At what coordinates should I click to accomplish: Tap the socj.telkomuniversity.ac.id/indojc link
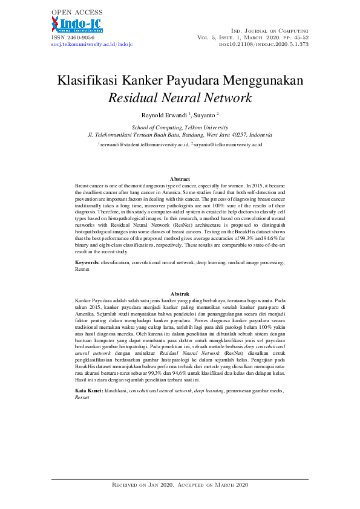pyautogui.click(x=91, y=45)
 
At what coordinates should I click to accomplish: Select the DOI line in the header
pyautogui.click(x=264, y=45)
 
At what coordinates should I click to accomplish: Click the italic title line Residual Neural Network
pyautogui.click(x=180, y=98)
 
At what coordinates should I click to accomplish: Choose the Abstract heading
pyautogui.click(x=180, y=180)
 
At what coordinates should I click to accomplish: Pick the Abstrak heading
pyautogui.click(x=180, y=294)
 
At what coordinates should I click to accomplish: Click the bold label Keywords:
pyautogui.click(x=87, y=263)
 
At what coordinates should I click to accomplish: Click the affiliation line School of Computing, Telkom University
pyautogui.click(x=180, y=128)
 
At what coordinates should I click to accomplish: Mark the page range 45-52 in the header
pyautogui.click(x=299, y=37)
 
